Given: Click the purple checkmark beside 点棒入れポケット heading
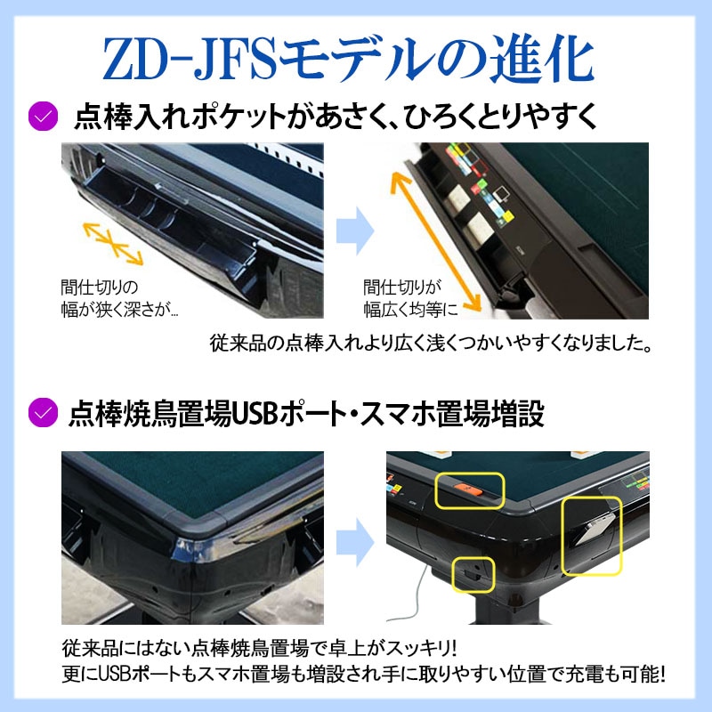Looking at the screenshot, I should (41, 116).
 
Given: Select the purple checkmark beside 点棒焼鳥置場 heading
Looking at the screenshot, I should (41, 414).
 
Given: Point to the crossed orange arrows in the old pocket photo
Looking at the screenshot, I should (112, 241).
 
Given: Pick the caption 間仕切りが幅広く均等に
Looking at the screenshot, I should (410, 299).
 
